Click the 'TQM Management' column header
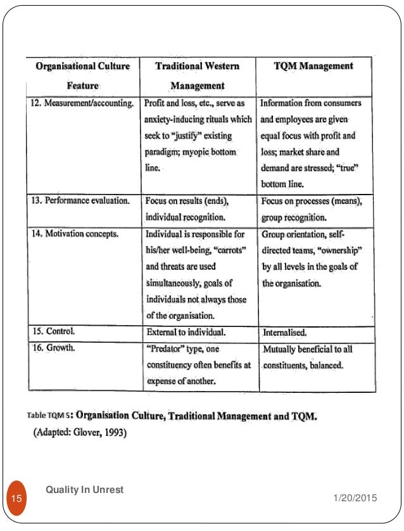pos(313,67)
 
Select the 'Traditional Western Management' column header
pos(198,75)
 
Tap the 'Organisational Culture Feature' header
pos(83,75)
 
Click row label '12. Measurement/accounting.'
pos(83,103)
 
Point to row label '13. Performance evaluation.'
pos(80,201)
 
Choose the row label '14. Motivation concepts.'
pos(75,234)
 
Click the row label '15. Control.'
pos(53,331)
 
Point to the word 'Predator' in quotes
pos(168,349)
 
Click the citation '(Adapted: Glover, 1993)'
pos(80,434)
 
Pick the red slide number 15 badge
pos(17,499)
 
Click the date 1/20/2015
pos(355,499)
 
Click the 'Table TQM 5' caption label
pos(49,416)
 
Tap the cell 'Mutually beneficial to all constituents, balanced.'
pos(308,357)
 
